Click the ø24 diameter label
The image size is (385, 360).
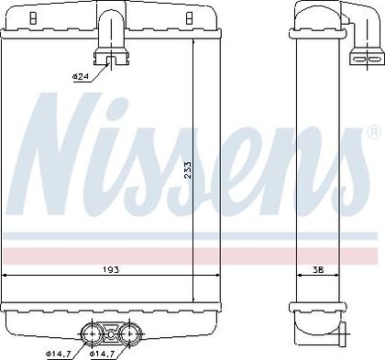(x=80, y=77)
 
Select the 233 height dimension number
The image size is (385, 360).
(x=188, y=170)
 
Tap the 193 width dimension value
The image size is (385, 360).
(x=111, y=270)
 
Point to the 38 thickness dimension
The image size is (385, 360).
(x=318, y=270)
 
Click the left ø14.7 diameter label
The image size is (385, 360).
(x=59, y=354)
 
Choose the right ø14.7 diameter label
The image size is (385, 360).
(x=102, y=354)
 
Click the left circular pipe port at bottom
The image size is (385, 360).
(x=92, y=334)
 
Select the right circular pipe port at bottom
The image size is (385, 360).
(x=130, y=334)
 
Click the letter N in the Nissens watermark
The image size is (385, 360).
(x=64, y=153)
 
